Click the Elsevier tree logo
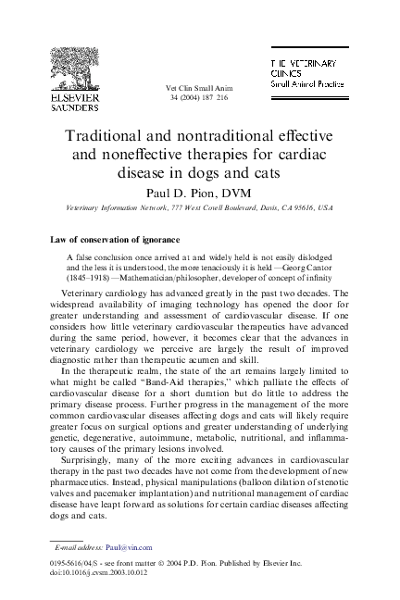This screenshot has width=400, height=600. click(72, 69)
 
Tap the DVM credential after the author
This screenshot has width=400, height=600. click(231, 192)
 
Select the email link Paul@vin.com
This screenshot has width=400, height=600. click(127, 548)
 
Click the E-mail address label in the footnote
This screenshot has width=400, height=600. click(79, 548)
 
